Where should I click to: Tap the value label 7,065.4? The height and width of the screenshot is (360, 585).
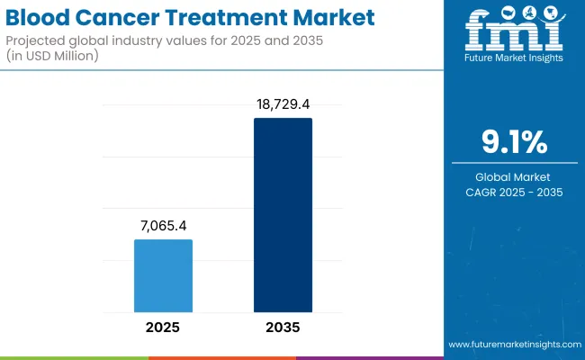(163, 226)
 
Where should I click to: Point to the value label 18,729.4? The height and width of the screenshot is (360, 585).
(283, 105)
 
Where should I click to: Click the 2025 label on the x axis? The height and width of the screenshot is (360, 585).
(163, 328)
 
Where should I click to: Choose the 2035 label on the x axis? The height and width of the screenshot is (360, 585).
(283, 328)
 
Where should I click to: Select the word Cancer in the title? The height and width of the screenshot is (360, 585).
(113, 18)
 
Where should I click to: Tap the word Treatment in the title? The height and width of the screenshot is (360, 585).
(206, 18)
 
